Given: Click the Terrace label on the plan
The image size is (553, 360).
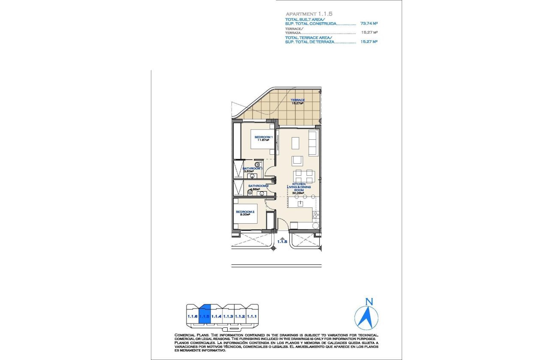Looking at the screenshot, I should [x=297, y=100].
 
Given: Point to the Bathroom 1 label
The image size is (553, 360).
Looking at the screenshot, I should [x=252, y=168].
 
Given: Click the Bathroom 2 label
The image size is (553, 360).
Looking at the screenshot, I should [x=258, y=186].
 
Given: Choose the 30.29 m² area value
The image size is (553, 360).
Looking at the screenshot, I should [x=298, y=193].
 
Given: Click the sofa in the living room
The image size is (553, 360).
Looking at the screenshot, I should [x=313, y=144].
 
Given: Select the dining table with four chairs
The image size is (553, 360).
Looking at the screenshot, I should [x=304, y=176].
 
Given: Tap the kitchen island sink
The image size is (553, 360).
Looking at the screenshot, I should [x=300, y=203].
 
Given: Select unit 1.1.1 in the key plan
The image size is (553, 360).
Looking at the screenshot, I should [x=252, y=316].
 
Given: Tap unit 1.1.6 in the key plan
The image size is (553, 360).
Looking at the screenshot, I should [x=192, y=316].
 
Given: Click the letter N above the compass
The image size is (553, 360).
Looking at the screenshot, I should [x=367, y=302].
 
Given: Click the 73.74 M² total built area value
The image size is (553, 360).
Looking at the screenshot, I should [x=369, y=24].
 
